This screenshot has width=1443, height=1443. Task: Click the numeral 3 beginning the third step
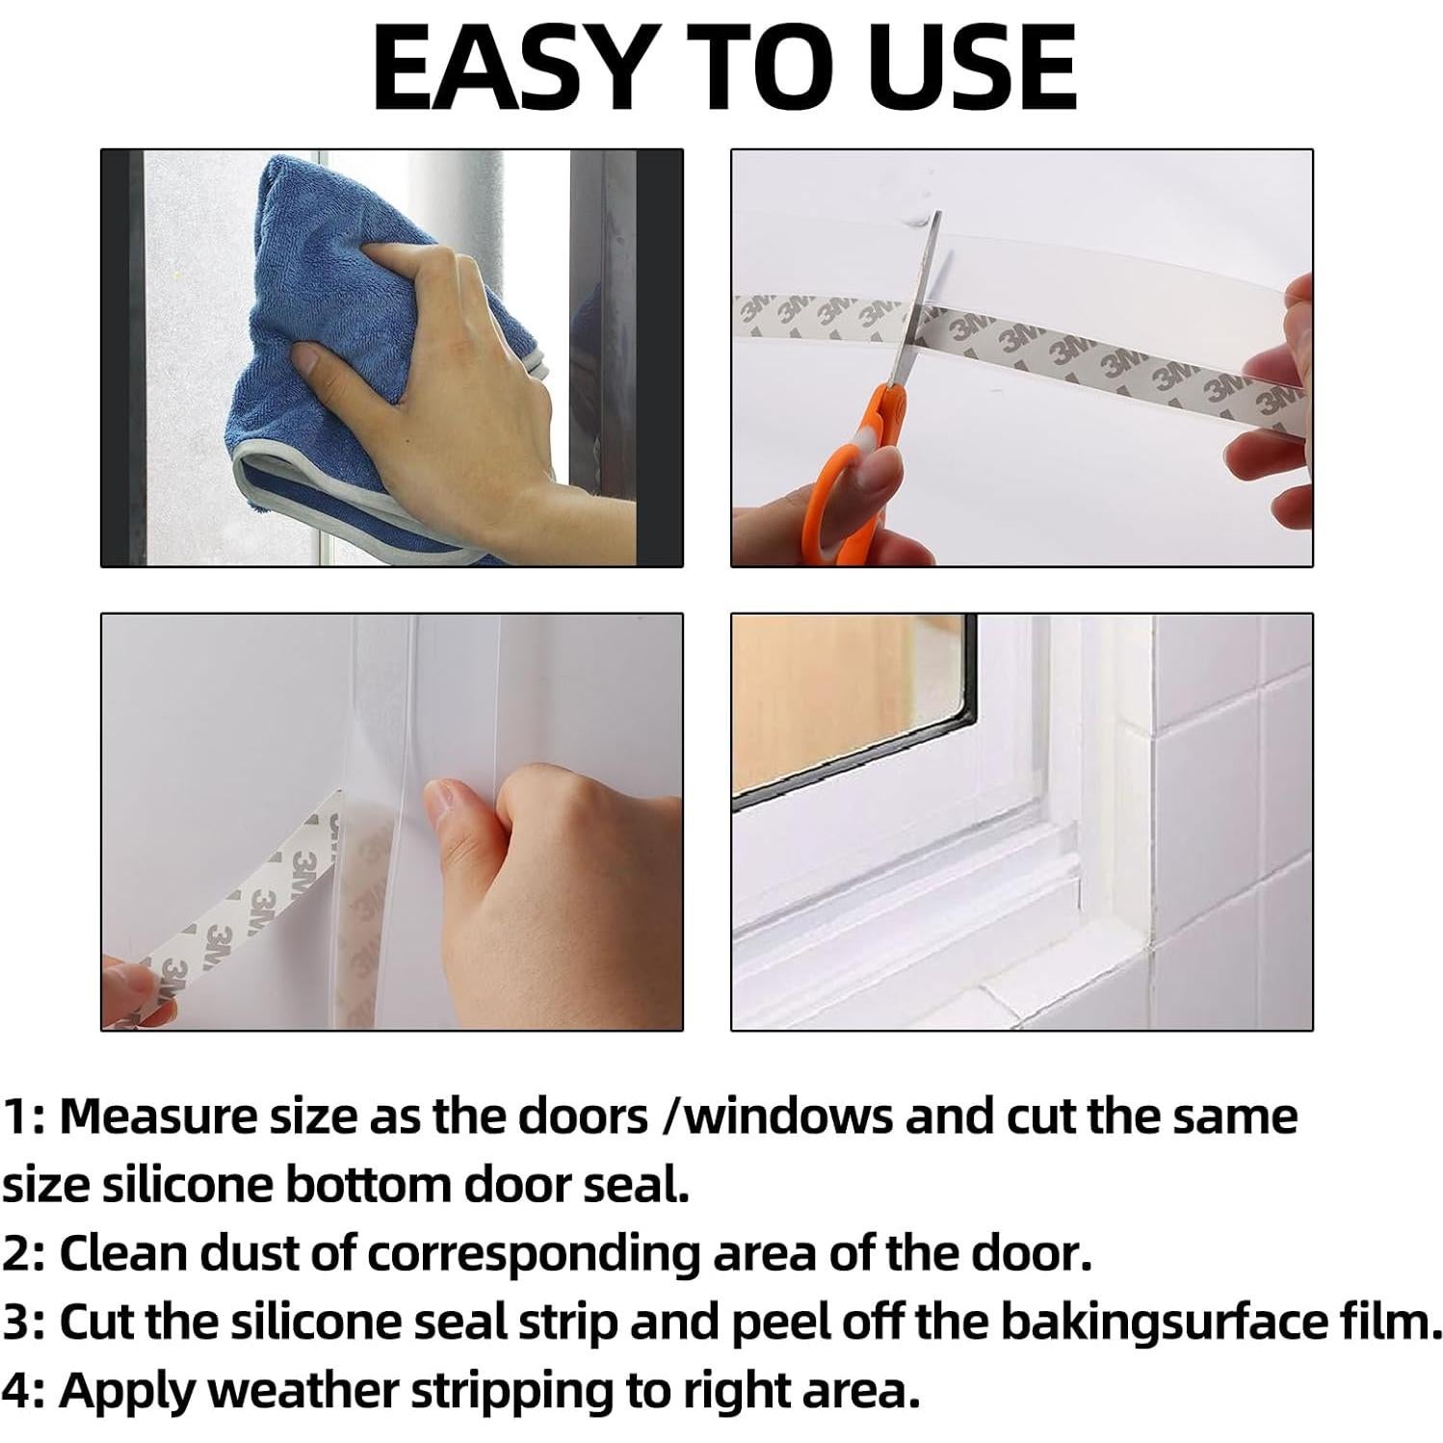click(17, 1324)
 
